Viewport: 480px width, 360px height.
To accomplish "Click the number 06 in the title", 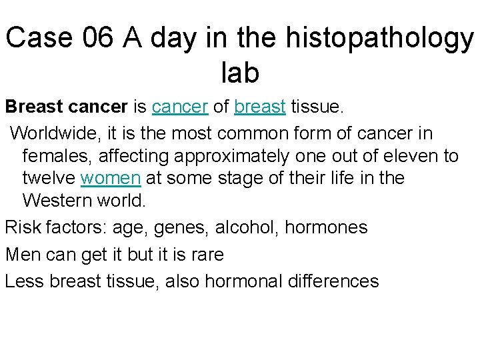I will (x=100, y=39).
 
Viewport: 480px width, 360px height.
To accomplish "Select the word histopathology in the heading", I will (x=379, y=39).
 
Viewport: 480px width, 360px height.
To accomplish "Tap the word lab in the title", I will (x=239, y=73).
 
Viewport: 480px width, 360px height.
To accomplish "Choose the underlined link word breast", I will (x=260, y=107).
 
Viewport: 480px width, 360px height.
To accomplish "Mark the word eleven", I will (x=405, y=156).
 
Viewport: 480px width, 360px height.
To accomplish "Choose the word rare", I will (x=206, y=255).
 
